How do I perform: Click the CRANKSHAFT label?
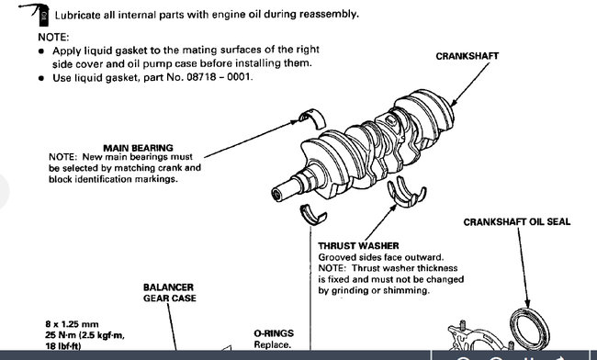[467, 56]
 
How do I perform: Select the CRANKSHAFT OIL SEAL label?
[517, 222]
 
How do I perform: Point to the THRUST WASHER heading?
[358, 246]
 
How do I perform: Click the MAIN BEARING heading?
[138, 148]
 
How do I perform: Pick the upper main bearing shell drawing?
[312, 118]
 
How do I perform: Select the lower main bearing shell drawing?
[313, 215]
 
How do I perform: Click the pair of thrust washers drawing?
[407, 191]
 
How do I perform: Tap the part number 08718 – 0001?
[219, 77]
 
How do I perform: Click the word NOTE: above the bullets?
[53, 37]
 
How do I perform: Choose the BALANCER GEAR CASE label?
[169, 293]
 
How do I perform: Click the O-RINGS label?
[274, 333]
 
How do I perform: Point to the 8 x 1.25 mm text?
[72, 324]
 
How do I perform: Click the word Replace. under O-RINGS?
[272, 344]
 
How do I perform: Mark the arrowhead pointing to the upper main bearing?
[294, 122]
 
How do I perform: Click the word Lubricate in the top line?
[78, 15]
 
